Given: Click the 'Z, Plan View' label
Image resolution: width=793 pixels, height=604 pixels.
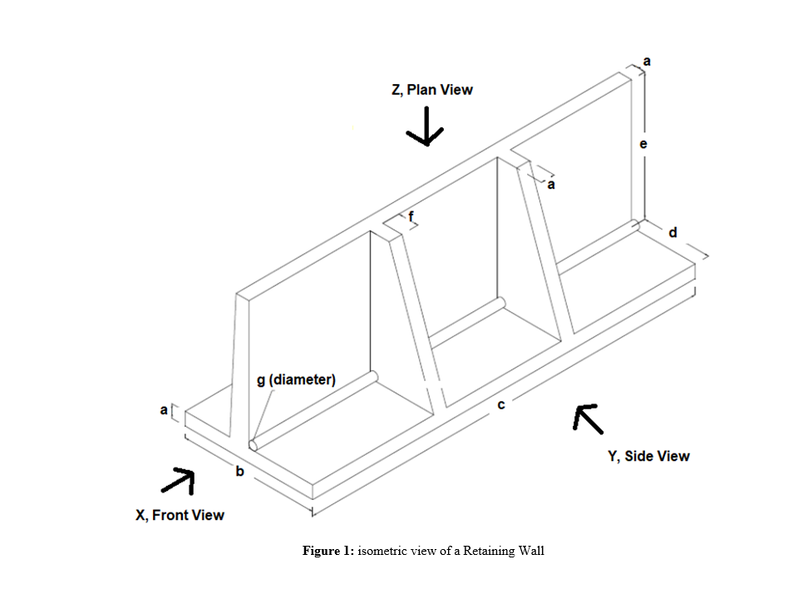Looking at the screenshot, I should pos(431,90).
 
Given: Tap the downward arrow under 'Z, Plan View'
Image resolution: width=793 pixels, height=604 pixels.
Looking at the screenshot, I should pos(425,127).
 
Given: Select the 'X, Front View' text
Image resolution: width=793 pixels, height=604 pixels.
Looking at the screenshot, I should pos(180,515).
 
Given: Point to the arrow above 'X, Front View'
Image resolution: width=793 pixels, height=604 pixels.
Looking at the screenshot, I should pos(178,480).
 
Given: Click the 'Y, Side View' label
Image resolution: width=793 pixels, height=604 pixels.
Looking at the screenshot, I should pos(648,456).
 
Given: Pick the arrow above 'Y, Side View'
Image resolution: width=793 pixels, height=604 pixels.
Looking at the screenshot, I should pos(589,418).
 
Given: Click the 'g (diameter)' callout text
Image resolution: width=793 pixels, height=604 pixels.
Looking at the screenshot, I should pos(296,379).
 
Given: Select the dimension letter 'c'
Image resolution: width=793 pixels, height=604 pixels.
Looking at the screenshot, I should pos(501,404).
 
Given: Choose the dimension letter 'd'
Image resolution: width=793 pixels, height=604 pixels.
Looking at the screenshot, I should pos(672,233).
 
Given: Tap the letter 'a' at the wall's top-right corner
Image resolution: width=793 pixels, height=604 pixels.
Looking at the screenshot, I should pos(648,61).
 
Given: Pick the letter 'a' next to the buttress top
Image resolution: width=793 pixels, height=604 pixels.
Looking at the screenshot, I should pos(550,185).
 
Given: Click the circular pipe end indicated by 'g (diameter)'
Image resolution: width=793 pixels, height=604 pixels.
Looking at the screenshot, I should pos(253,444).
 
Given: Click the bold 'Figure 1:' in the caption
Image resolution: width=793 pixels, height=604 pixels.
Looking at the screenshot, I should pos(328,551).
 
